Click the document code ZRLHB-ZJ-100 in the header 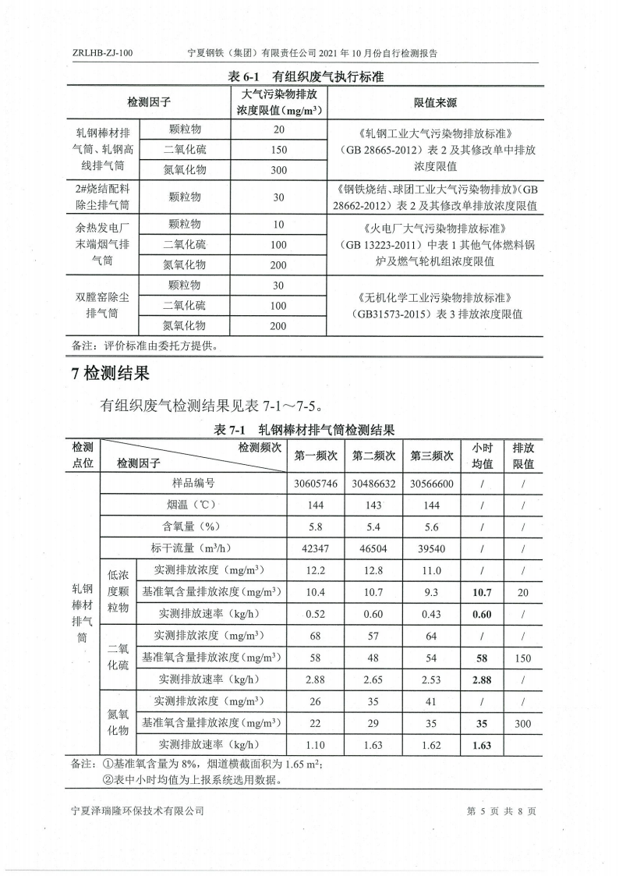pos(102,54)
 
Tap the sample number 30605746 pos(316,484)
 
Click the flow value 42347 pos(316,548)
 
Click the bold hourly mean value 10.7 pos(482,593)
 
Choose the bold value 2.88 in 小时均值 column pos(482,680)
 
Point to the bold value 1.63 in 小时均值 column pos(482,745)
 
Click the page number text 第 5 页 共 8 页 pos(501,810)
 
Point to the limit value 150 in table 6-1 pos(279,149)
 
